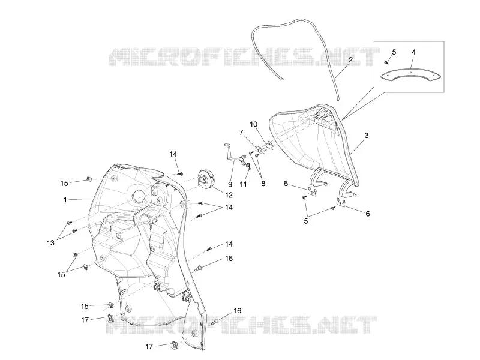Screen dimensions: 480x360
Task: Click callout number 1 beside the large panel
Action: click(65, 200)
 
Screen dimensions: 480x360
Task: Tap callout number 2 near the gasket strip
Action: click(350, 59)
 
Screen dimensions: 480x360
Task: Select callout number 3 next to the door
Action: click(367, 136)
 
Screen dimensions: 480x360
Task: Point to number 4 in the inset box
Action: click(413, 52)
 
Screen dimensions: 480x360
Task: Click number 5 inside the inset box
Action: click(394, 52)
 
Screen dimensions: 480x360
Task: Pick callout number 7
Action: click(241, 132)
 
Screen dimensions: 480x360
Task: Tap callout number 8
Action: click(263, 184)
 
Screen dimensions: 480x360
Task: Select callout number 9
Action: click(230, 184)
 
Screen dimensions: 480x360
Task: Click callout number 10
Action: click(253, 124)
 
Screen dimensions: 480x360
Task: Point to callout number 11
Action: click(243, 184)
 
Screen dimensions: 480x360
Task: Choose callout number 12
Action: click(229, 195)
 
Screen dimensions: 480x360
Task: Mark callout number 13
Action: click(50, 243)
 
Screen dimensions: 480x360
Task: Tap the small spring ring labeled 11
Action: click(248, 166)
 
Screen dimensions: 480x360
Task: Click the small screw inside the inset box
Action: click(386, 62)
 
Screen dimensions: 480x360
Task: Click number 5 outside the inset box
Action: click(306, 221)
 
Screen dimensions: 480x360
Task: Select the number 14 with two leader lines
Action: click(229, 208)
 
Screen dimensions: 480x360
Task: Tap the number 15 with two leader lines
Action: click(61, 274)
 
